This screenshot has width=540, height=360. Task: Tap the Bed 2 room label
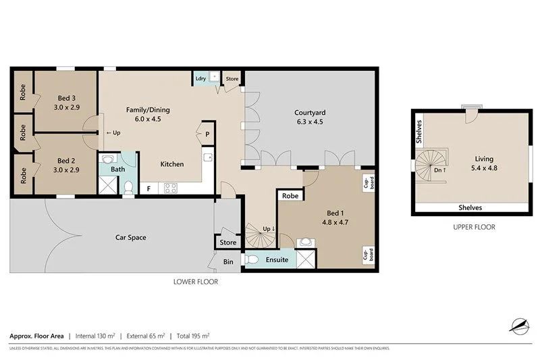(65, 165)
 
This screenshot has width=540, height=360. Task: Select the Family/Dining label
(147, 113)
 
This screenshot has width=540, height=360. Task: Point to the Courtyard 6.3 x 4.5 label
(310, 117)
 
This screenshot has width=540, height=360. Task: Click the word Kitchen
(171, 164)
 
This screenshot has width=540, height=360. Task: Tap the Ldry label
(200, 78)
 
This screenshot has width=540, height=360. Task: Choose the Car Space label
(131, 237)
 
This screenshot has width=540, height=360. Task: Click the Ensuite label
(277, 259)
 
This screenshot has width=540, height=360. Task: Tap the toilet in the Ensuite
(250, 259)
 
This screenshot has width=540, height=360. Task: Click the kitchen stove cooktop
(170, 188)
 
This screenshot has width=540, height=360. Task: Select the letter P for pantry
(207, 134)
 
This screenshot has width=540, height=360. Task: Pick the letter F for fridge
(148, 189)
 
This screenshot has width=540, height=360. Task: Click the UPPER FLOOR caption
(474, 227)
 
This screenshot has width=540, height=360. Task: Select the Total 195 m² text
(193, 335)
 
